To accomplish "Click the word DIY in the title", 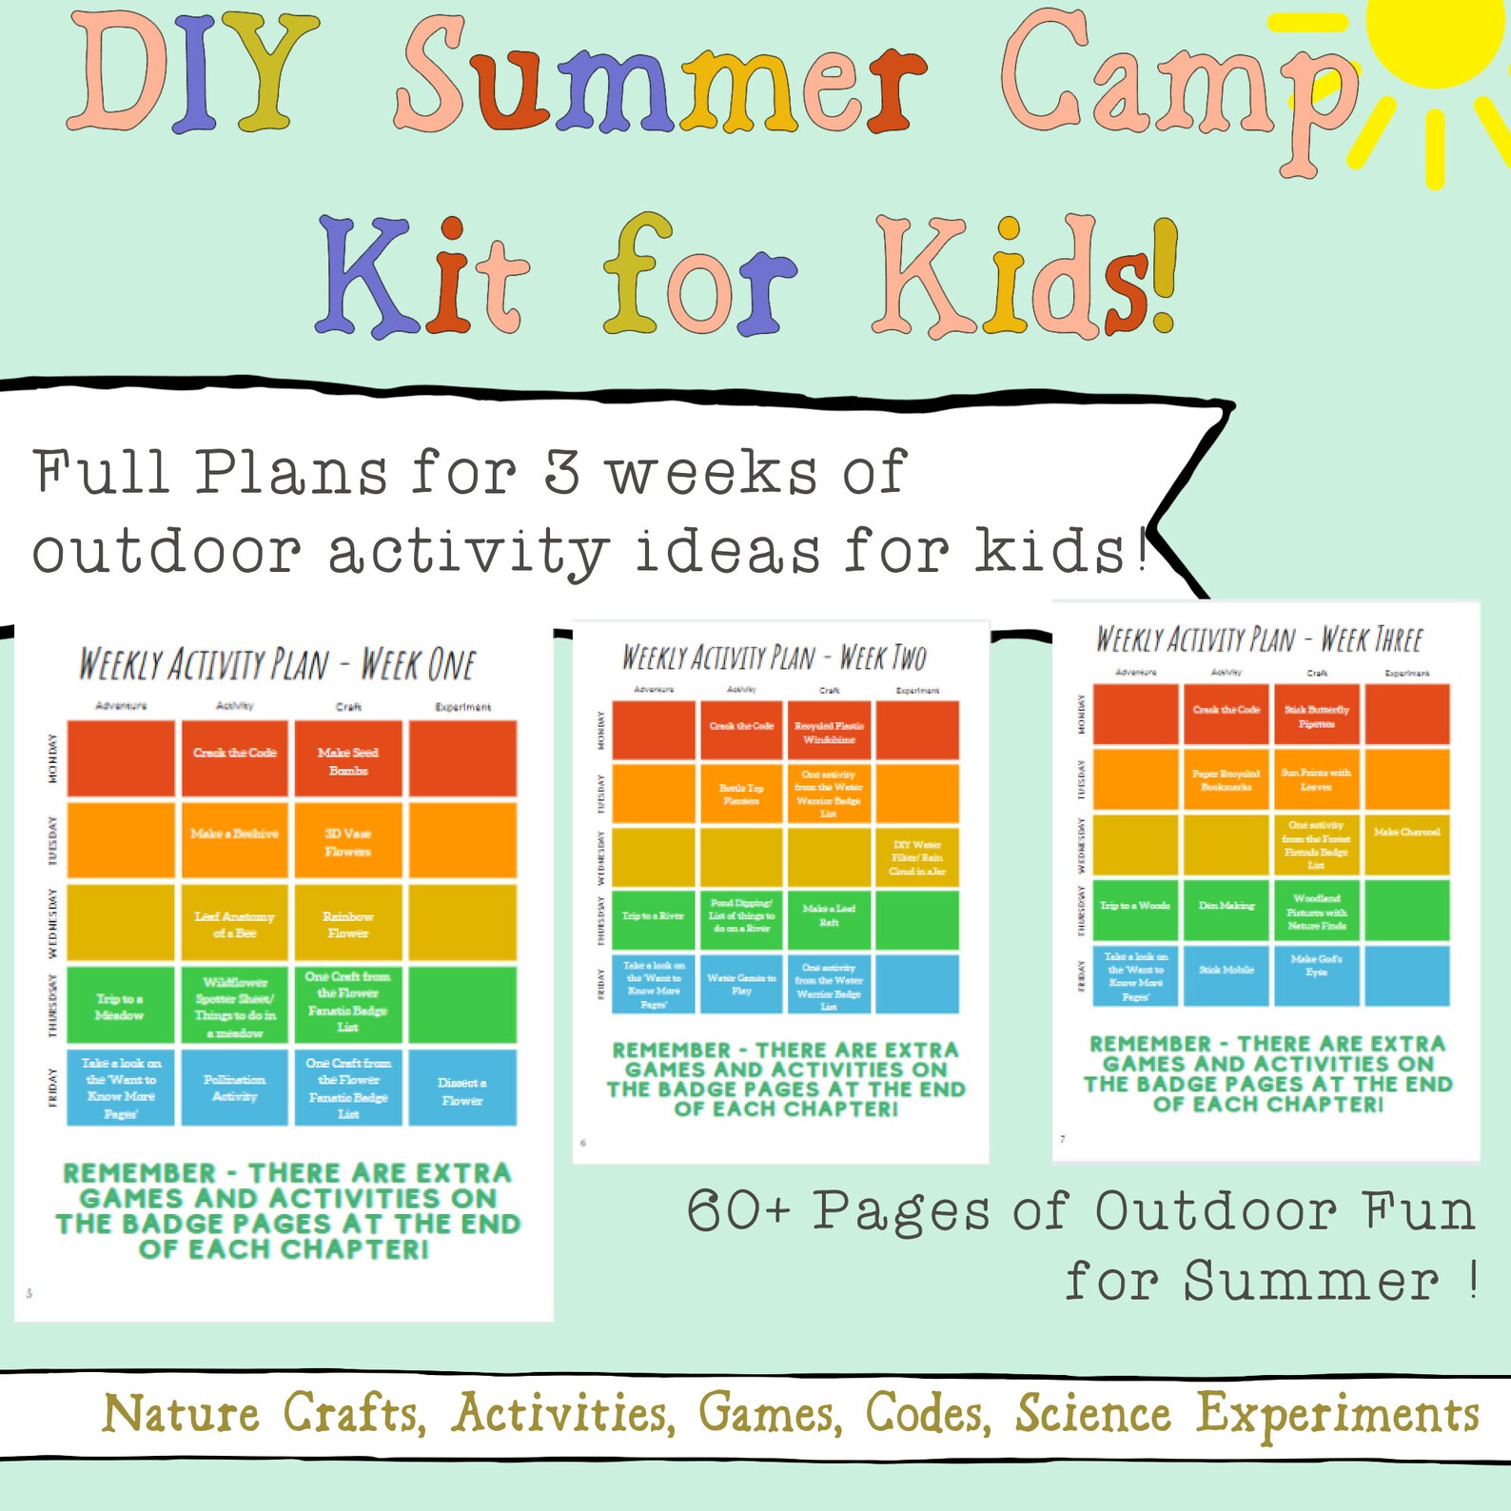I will [x=190, y=76].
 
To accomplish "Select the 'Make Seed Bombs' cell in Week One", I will [x=348, y=759].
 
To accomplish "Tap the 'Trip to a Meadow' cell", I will [x=120, y=1006].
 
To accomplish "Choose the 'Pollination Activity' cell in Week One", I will [x=234, y=1088].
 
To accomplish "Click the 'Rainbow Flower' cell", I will [x=348, y=923].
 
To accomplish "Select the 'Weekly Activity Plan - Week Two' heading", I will [x=774, y=657].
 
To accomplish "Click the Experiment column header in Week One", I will [x=462, y=707].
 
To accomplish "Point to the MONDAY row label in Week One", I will [x=52, y=758].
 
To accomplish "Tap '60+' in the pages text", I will [x=737, y=1211].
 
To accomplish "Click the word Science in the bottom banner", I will [x=1092, y=1414].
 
